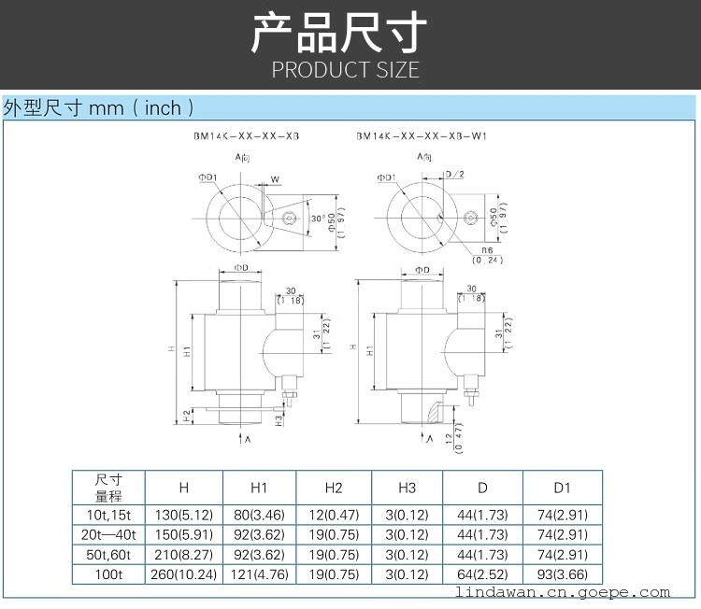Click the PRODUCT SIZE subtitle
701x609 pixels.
click(x=346, y=70)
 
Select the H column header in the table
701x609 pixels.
click(x=184, y=487)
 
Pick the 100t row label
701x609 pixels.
click(x=108, y=574)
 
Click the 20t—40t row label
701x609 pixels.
click(x=108, y=534)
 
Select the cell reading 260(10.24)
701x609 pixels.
click(x=184, y=574)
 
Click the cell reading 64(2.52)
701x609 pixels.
click(x=482, y=574)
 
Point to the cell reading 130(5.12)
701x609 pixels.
click(x=184, y=514)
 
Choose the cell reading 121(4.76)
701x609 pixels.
click(x=259, y=574)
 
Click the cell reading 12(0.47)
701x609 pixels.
click(x=334, y=514)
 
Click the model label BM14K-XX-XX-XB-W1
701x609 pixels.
click(x=422, y=135)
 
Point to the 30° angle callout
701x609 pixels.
click(x=320, y=218)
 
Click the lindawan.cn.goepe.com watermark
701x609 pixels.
click(x=575, y=592)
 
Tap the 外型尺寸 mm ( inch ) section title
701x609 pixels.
click(x=99, y=107)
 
